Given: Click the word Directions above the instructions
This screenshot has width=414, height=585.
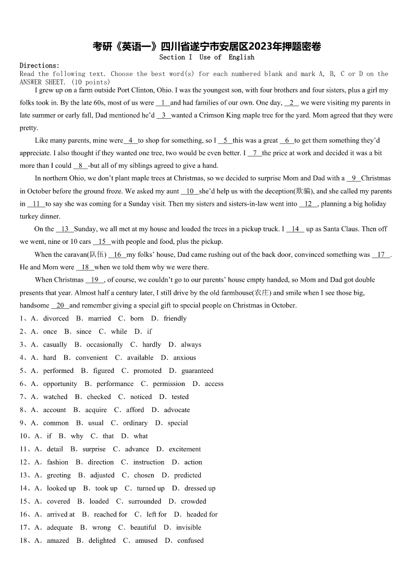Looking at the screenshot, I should point(40,66).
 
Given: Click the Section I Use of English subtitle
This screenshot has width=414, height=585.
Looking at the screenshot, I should point(206,57).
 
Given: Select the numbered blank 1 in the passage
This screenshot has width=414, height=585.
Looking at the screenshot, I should point(163,103).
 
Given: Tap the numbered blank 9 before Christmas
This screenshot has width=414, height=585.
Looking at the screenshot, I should point(354,178).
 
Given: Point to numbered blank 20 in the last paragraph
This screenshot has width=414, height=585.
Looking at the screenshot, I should point(59,305).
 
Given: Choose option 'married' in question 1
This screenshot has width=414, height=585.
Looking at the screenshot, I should point(99,318).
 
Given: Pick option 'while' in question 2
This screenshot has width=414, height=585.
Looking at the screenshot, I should point(119,331).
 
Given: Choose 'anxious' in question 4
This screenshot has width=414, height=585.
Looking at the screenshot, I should point(185,357).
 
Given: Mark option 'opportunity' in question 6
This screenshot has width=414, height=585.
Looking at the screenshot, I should point(60,383).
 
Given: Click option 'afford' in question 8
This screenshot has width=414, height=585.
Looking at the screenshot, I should point(135,410).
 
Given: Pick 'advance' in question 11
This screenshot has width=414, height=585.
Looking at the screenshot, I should point(137,449).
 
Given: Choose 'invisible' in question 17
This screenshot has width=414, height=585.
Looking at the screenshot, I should point(188,527).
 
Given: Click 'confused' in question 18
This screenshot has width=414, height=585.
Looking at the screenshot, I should point(190,540).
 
